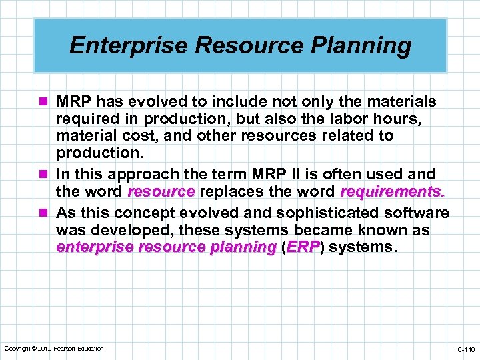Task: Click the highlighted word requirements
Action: coord(392,192)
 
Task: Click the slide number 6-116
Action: coord(465,349)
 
